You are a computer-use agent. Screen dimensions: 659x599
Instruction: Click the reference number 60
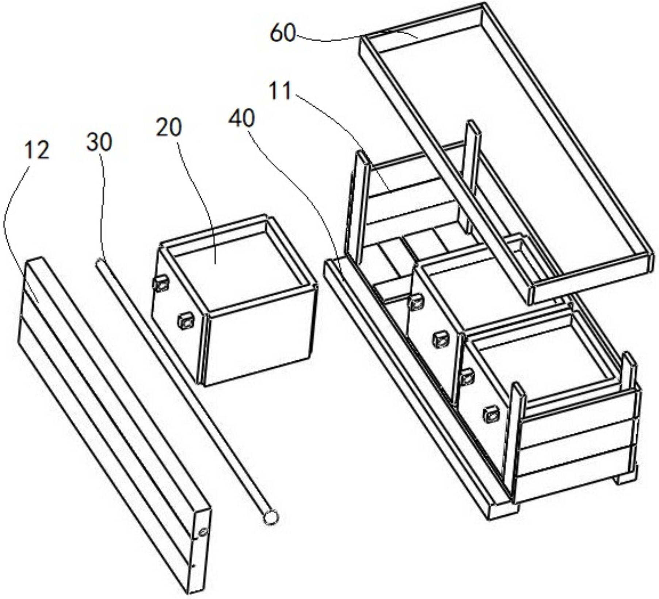click(282, 34)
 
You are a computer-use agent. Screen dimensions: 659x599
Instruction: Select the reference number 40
click(241, 119)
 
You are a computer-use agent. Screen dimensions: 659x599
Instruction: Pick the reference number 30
click(99, 142)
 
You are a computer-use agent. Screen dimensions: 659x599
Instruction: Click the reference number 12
click(37, 150)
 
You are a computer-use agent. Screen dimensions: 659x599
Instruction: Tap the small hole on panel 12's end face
click(202, 533)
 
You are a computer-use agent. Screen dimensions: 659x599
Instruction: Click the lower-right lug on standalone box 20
click(186, 321)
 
